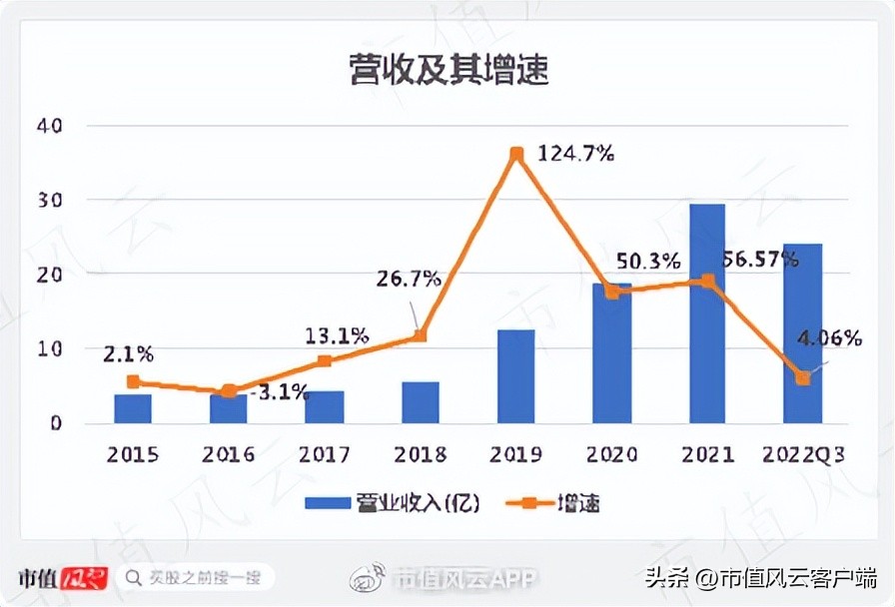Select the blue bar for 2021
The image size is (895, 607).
707,313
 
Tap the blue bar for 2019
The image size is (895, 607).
516,376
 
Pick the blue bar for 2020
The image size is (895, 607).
611,353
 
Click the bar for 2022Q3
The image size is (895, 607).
802,333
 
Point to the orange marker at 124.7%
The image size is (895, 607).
516,154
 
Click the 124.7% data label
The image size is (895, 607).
575,154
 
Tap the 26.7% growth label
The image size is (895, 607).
409,279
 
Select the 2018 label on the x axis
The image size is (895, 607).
421,454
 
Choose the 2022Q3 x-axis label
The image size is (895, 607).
802,454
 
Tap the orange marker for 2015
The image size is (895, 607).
133,381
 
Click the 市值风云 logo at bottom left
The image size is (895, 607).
62,577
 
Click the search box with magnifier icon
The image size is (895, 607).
195,577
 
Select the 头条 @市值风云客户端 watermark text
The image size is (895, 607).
759,577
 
